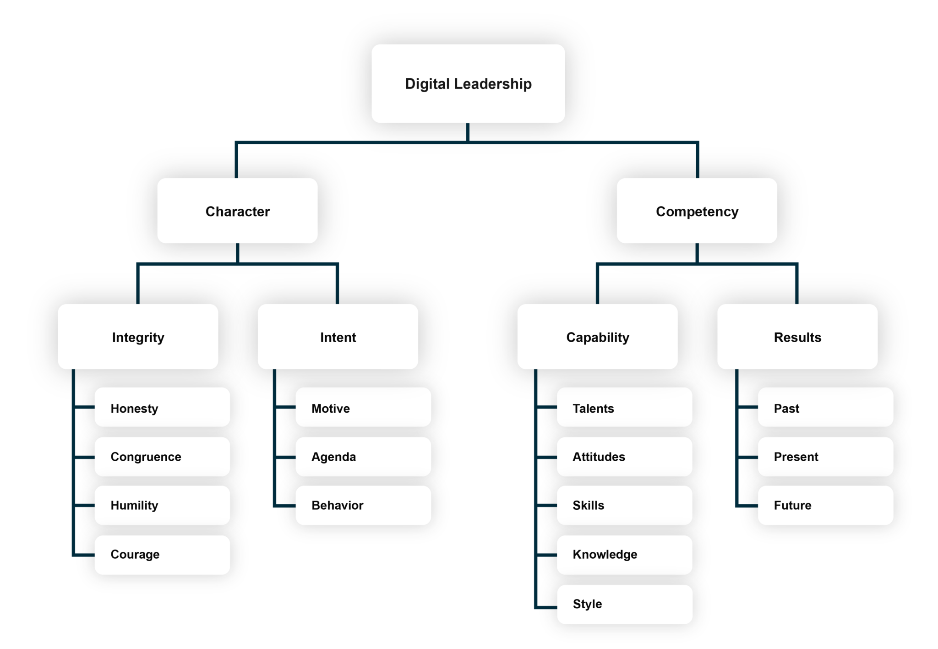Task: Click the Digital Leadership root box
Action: (468, 83)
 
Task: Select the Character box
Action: (237, 211)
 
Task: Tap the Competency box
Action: (697, 211)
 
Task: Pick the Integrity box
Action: (138, 337)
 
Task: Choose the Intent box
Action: (338, 337)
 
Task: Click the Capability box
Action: (597, 337)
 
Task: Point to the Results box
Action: (797, 337)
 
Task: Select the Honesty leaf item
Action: (162, 408)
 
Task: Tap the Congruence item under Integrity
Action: (162, 457)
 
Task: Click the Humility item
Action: (162, 505)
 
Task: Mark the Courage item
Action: (162, 554)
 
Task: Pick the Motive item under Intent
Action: (363, 408)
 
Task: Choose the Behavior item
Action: (363, 505)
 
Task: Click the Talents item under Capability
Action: (624, 408)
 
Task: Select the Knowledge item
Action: (624, 554)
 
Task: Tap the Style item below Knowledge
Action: (624, 604)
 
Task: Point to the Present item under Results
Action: (825, 457)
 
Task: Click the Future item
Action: (825, 505)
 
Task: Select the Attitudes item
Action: (624, 457)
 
